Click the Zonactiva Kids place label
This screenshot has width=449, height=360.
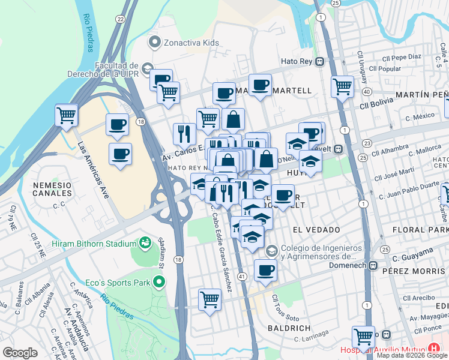point(185,42)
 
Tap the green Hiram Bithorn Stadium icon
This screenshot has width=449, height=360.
point(144,243)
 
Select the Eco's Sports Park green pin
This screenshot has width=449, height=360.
point(158,281)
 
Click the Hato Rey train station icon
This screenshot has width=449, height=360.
point(321,61)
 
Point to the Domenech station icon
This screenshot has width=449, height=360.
point(373,265)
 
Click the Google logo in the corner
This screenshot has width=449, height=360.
point(20,353)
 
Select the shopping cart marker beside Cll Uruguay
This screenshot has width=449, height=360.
point(342,85)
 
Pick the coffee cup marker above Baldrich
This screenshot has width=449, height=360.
point(265,270)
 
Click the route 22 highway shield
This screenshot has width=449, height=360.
point(121,19)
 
